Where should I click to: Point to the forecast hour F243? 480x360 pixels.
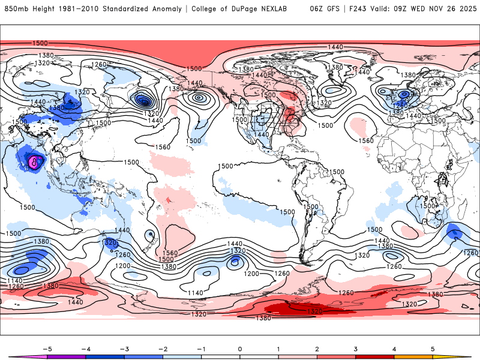[353, 9]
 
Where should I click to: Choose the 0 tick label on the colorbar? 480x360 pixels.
[240, 348]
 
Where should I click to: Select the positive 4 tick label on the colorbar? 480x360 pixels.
[394, 348]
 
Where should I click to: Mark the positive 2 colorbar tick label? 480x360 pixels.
[317, 348]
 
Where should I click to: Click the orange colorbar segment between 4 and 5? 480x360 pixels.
[413, 356]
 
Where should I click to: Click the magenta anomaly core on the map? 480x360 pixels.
[34, 161]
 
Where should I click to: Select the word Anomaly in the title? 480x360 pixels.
[170, 9]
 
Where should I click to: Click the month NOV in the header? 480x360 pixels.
[433, 9]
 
